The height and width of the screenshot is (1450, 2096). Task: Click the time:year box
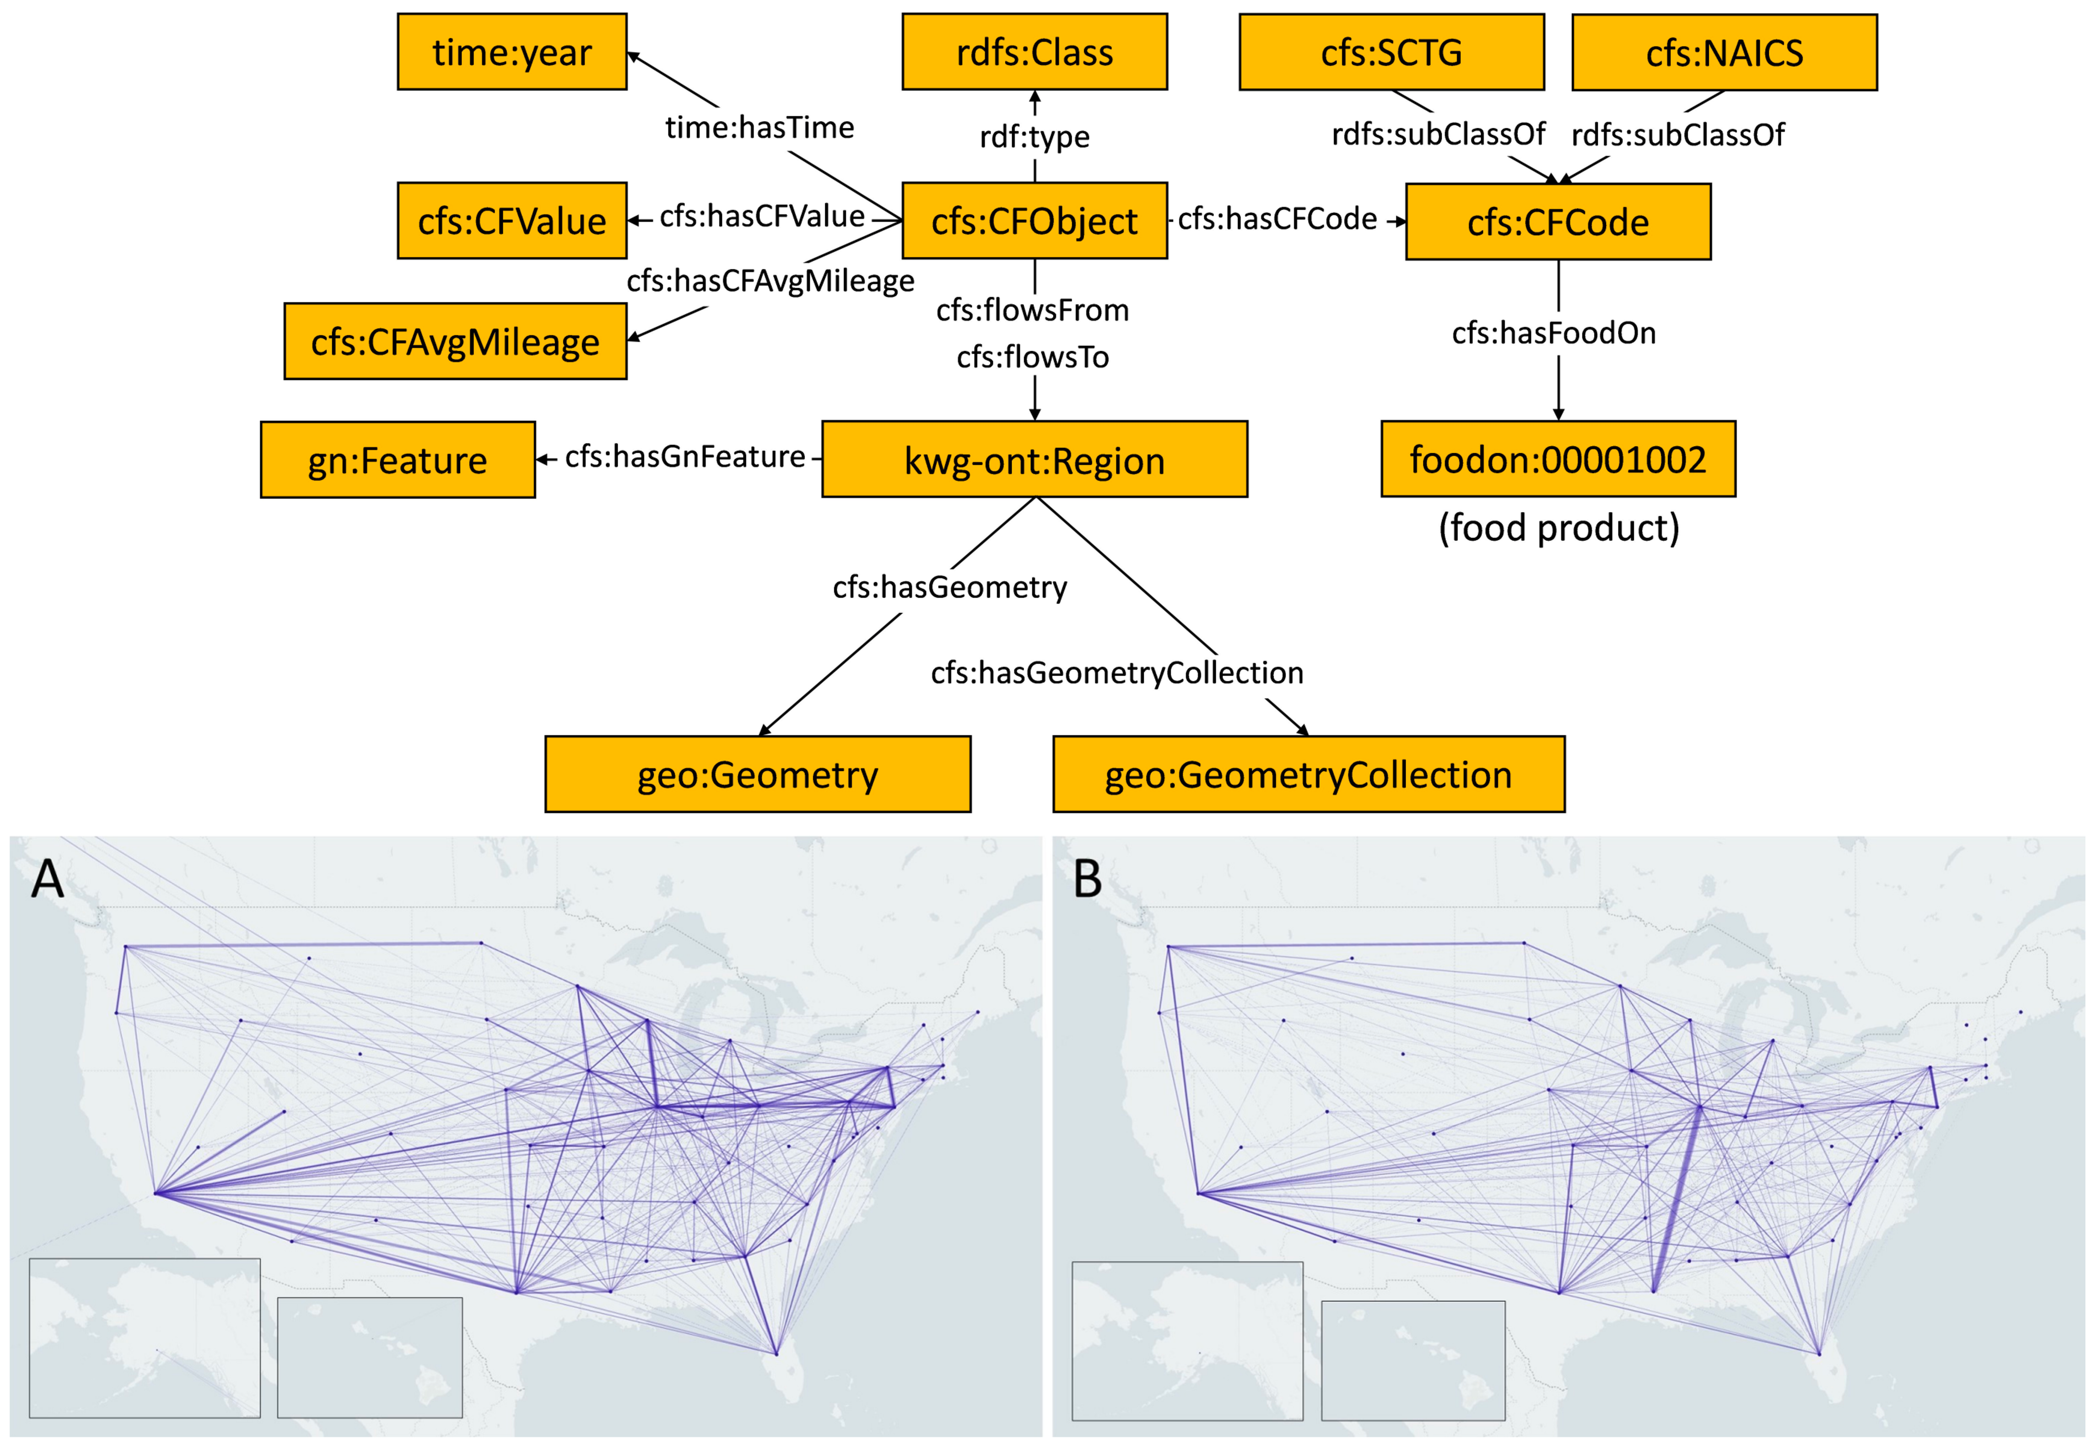(511, 52)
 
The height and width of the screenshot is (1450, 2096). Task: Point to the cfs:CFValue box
(511, 221)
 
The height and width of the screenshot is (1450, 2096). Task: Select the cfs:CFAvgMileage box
(455, 342)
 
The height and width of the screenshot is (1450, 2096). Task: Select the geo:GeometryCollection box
(1308, 774)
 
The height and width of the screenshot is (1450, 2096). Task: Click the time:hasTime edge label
(759, 127)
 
